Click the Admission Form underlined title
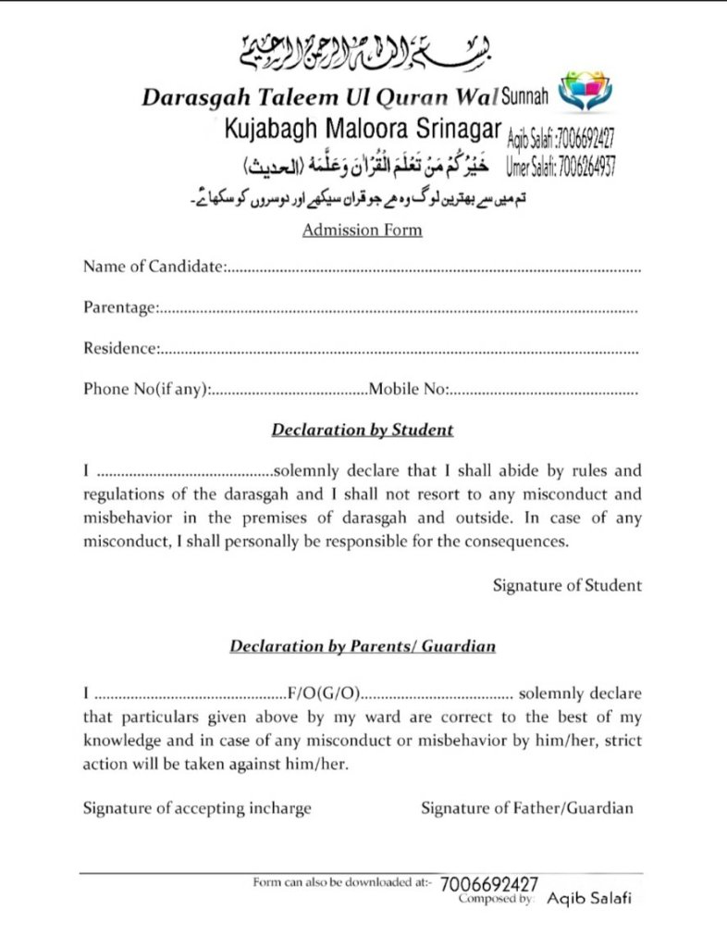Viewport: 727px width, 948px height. pos(362,230)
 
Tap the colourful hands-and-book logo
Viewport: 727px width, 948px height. pos(585,93)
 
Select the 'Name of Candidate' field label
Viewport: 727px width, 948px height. pos(154,268)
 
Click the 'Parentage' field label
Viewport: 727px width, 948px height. pos(119,307)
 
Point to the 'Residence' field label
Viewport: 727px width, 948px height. pos(119,348)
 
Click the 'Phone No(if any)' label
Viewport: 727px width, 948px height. pos(146,389)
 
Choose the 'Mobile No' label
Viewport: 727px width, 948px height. pos(408,389)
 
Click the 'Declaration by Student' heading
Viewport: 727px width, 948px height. pos(362,430)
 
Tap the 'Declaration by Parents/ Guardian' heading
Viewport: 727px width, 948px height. pos(362,646)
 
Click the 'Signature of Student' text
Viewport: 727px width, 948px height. pos(566,585)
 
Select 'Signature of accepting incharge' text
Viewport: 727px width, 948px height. pos(197,808)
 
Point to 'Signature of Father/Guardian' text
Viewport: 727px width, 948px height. pos(527,808)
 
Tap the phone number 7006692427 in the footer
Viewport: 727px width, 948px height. pos(489,884)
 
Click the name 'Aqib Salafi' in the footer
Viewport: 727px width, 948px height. pos(589,898)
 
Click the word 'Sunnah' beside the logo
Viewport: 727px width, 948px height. pos(524,95)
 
